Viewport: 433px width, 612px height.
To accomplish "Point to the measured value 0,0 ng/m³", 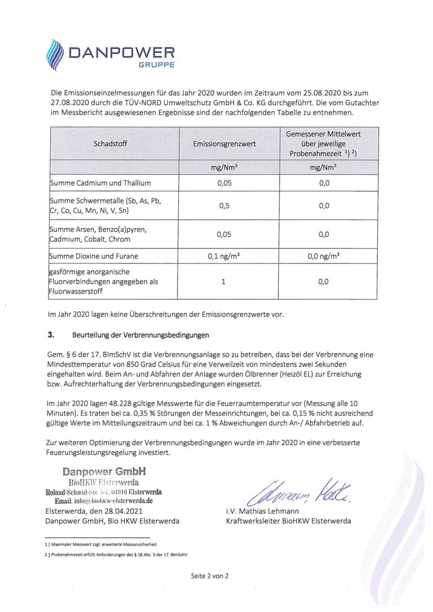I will tap(324, 256).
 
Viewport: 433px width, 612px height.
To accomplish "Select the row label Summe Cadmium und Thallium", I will tap(100, 183).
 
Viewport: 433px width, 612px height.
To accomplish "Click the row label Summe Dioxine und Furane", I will tap(94, 256).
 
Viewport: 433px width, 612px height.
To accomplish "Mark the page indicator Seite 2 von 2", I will tap(210, 576).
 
